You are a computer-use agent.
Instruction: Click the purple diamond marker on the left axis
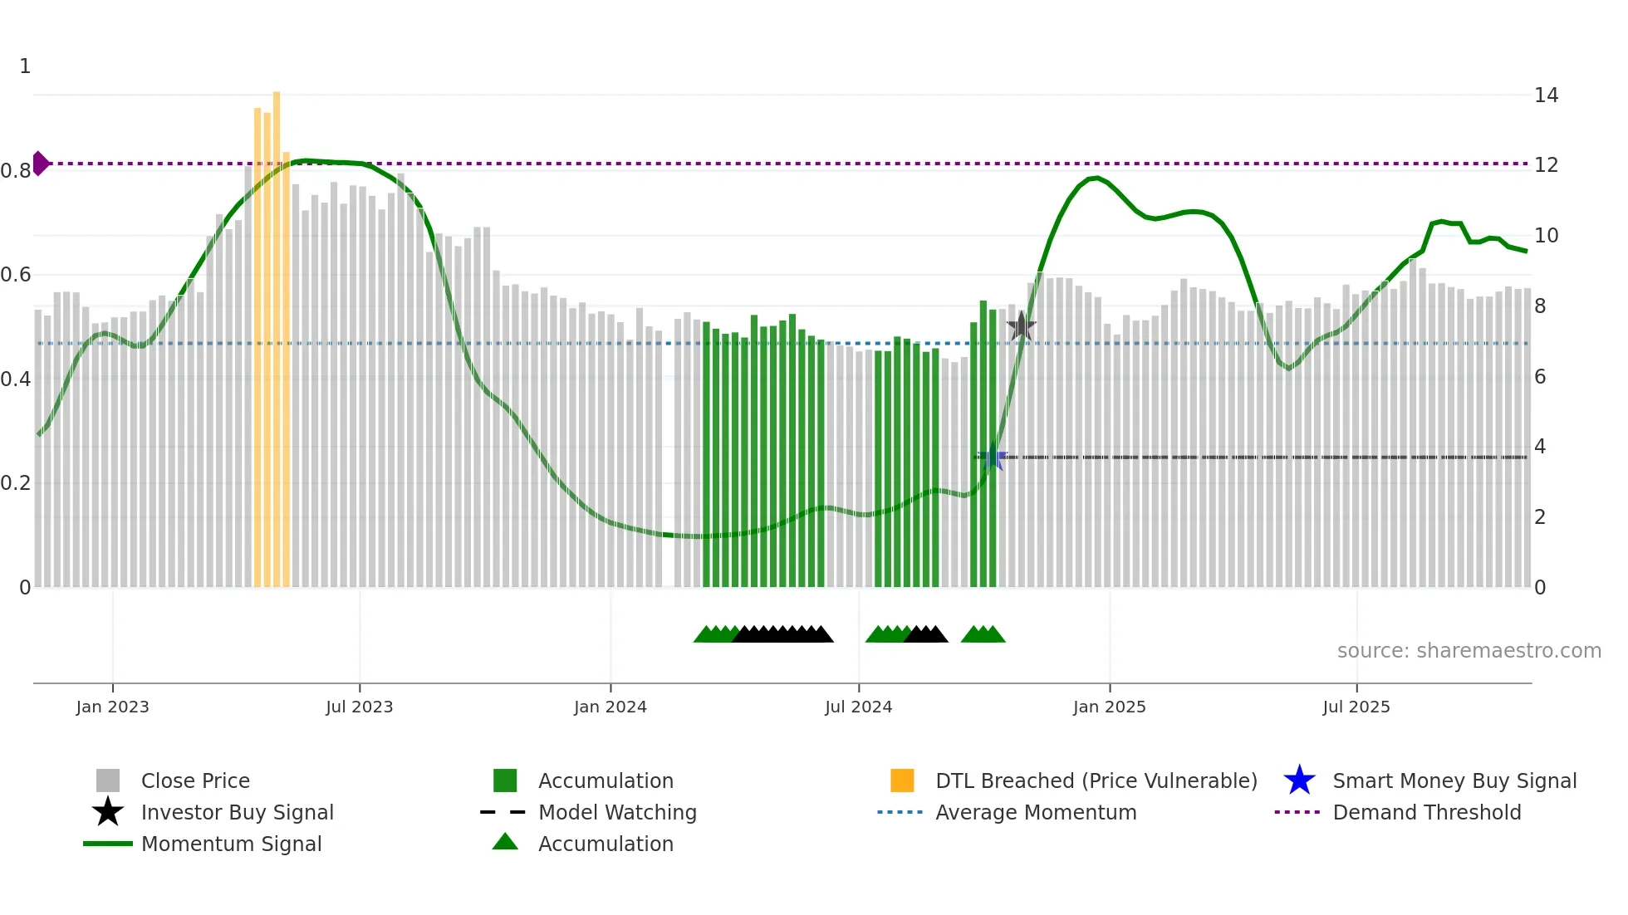tap(40, 164)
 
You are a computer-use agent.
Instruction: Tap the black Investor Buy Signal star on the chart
tap(1021, 326)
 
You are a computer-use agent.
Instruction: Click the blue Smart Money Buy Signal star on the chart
tap(992, 457)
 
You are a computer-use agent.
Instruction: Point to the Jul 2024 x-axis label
tap(858, 707)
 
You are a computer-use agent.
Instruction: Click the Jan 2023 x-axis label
tap(112, 707)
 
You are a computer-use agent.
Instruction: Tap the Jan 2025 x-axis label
tap(1109, 707)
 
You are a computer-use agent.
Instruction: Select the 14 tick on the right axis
tap(1546, 95)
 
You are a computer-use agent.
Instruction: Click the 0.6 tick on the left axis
tap(16, 274)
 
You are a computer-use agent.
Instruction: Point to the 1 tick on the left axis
tap(25, 66)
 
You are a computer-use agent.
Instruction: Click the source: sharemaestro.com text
tap(1469, 651)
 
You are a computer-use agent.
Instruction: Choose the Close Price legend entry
tap(195, 780)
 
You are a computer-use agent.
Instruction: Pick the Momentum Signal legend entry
tap(231, 844)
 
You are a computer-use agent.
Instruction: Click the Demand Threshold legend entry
tap(1426, 812)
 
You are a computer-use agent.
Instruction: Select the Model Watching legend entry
tap(617, 812)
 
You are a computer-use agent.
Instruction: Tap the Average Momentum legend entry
tap(1036, 812)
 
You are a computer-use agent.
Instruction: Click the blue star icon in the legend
tap(1299, 780)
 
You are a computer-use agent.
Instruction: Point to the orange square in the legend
tap(902, 780)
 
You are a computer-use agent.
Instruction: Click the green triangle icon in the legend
tap(505, 842)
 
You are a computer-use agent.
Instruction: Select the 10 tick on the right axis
tap(1546, 236)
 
